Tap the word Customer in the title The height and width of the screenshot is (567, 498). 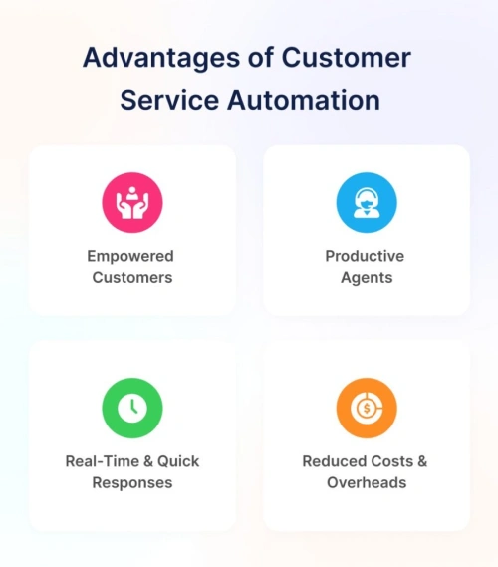347,57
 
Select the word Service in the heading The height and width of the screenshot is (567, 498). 169,100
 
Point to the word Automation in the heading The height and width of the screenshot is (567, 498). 304,100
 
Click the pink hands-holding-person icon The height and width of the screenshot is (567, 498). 132,202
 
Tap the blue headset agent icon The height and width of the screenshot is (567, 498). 367,202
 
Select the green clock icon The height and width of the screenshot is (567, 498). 132,408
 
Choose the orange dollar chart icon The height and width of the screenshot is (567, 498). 367,408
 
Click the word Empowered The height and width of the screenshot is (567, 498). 130,257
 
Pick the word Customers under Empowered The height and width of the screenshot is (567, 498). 132,278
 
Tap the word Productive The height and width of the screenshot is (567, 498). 365,256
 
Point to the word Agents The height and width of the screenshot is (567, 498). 367,278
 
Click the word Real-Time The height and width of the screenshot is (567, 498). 103,461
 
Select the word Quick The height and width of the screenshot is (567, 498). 178,461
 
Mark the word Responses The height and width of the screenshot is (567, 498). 132,483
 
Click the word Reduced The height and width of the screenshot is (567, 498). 330,461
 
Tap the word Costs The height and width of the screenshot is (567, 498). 387,461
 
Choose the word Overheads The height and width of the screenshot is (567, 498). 367,482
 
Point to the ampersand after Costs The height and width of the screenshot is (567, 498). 422,461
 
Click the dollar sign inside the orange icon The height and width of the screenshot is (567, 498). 367,409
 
